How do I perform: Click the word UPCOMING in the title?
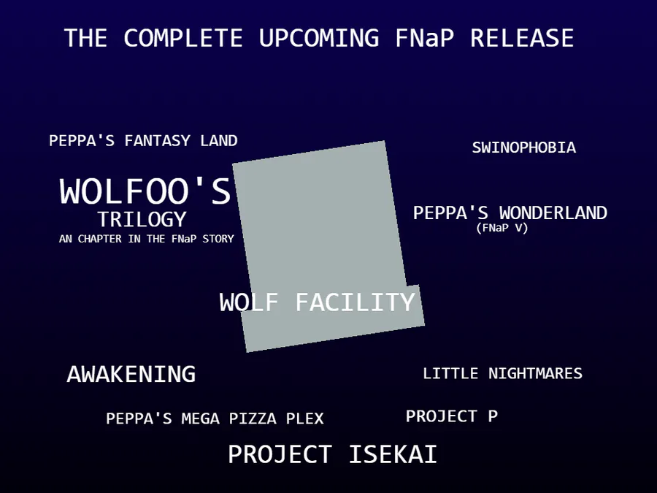click(x=319, y=38)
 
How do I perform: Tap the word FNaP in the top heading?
click(x=424, y=38)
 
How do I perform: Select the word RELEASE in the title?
click(x=522, y=38)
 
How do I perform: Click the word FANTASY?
click(x=157, y=140)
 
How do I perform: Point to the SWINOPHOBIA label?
click(x=523, y=148)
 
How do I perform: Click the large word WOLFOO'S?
click(x=145, y=191)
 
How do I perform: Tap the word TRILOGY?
click(x=142, y=219)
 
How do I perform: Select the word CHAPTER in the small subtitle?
click(x=100, y=239)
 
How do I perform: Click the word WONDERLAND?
click(x=553, y=213)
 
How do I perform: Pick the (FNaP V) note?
click(x=502, y=228)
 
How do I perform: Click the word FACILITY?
click(x=356, y=302)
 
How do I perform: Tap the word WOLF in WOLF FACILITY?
click(x=249, y=302)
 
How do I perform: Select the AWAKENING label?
click(x=131, y=374)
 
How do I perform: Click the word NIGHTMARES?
click(x=535, y=373)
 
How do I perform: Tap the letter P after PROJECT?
click(x=493, y=416)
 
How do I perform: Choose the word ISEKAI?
click(x=393, y=454)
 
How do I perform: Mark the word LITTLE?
click(x=450, y=373)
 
